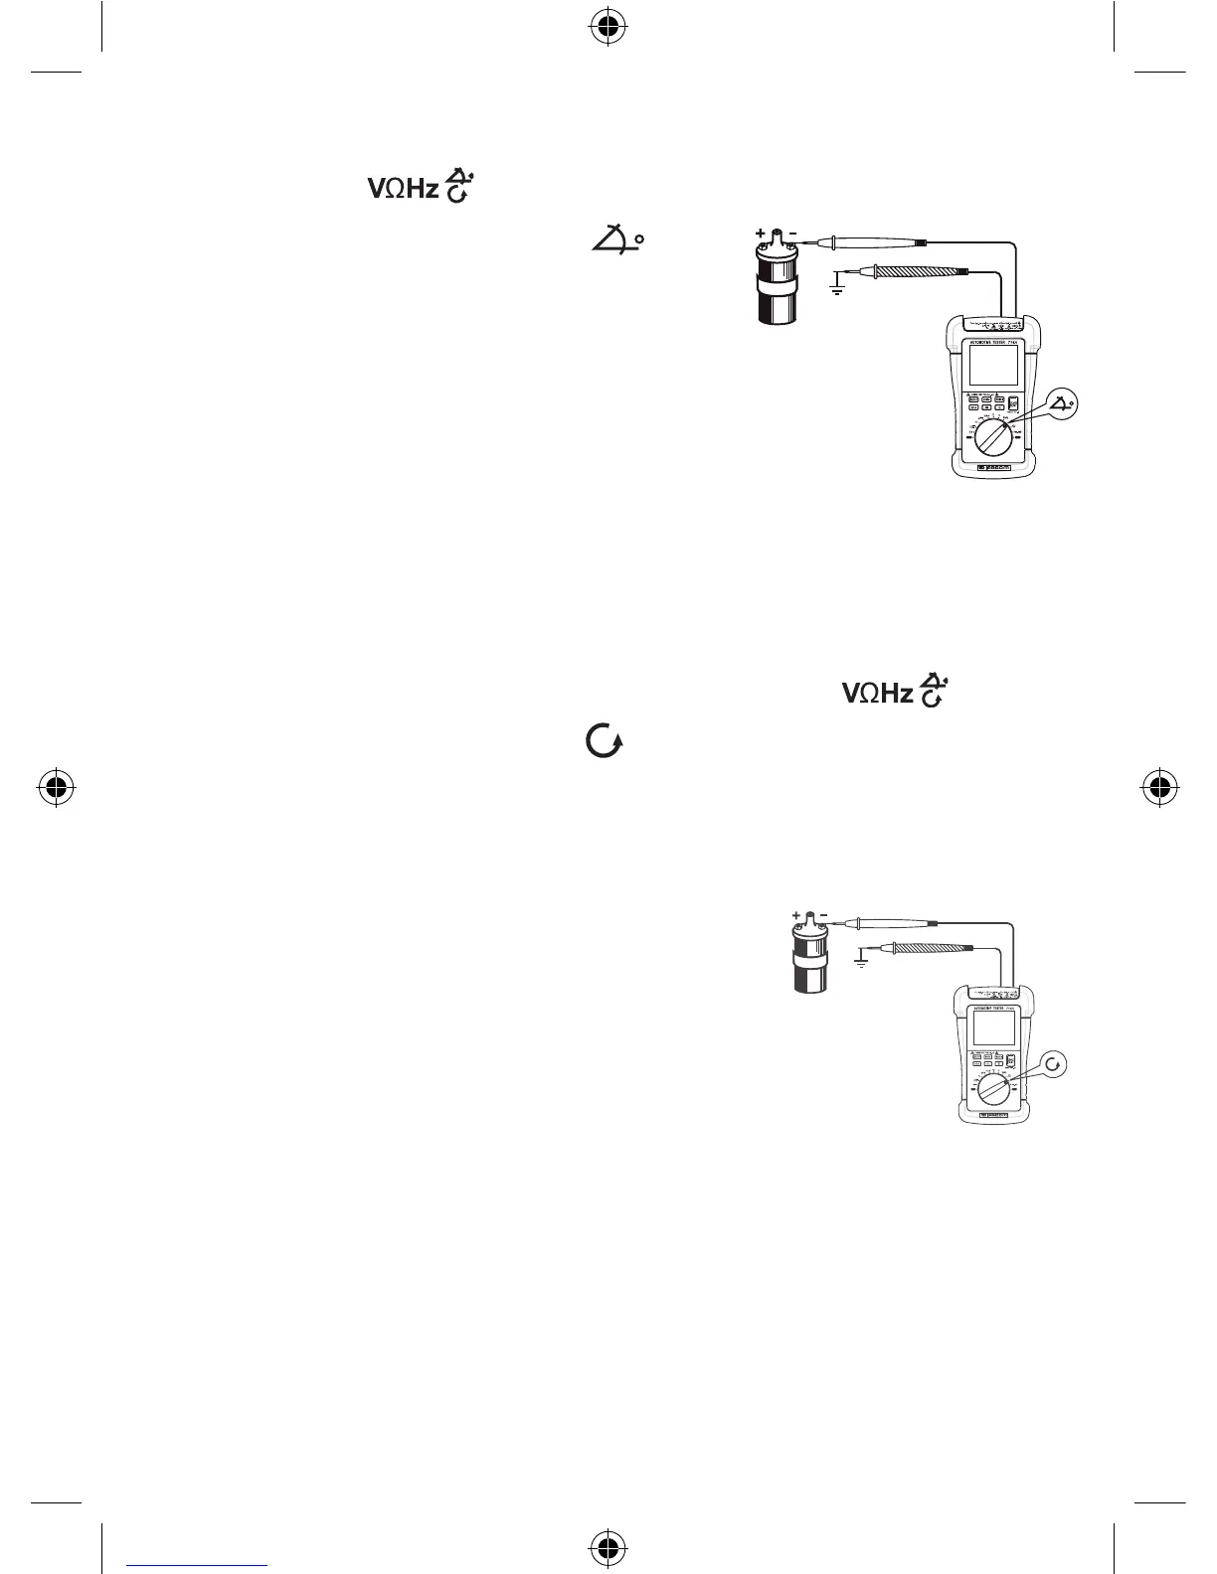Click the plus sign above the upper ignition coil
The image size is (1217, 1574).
[x=761, y=235]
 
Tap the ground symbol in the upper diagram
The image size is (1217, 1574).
[x=837, y=290]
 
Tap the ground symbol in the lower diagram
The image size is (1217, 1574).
[x=861, y=963]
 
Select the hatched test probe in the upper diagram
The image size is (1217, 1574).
[x=904, y=268]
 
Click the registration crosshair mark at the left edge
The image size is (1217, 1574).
[x=57, y=787]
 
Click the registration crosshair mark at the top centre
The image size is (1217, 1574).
[x=608, y=30]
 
